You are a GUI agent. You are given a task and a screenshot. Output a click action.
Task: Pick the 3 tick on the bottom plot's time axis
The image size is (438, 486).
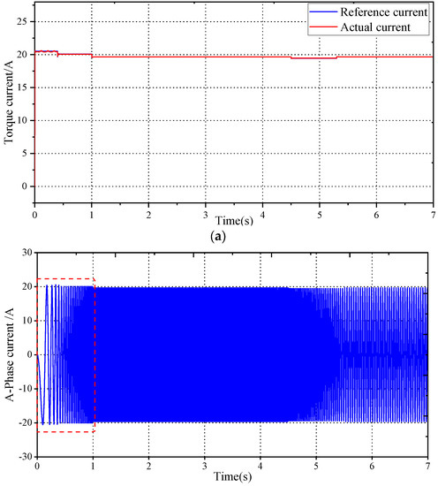(205, 466)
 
